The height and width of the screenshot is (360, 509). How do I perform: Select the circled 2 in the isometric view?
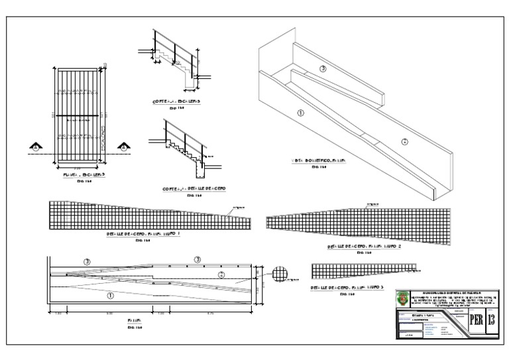coord(405,141)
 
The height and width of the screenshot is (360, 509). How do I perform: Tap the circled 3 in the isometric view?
coord(323,68)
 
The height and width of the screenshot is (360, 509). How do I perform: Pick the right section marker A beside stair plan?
coord(123,147)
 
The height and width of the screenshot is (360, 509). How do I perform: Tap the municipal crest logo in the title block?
coord(402,299)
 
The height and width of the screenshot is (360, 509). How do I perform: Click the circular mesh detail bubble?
coord(281,273)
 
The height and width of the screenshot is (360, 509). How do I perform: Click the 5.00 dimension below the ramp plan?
coord(109,312)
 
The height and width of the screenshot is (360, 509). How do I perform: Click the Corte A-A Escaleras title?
coord(176,101)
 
